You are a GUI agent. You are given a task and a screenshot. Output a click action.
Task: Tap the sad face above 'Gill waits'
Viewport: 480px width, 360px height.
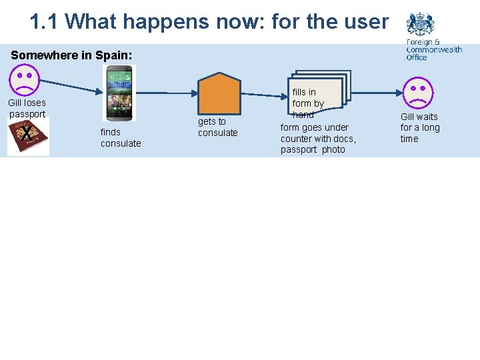(x=417, y=93)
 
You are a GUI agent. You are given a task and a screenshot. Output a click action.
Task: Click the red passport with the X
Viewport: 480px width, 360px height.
(x=28, y=137)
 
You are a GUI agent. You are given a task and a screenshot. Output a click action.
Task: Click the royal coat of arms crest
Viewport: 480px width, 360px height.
(x=420, y=25)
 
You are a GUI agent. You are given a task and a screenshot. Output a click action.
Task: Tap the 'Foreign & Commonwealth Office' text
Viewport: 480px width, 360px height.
(x=433, y=50)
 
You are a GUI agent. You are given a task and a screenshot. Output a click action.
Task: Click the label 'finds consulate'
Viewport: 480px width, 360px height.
(x=121, y=137)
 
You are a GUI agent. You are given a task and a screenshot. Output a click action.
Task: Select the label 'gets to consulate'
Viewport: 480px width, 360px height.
(x=217, y=127)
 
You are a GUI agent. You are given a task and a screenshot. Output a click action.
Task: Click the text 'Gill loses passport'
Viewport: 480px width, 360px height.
(x=27, y=108)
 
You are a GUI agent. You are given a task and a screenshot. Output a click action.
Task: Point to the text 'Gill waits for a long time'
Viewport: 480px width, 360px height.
(x=419, y=127)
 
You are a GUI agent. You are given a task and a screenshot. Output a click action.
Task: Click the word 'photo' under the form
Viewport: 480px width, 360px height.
(x=333, y=149)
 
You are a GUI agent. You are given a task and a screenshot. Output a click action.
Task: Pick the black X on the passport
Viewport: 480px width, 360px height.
(x=25, y=135)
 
